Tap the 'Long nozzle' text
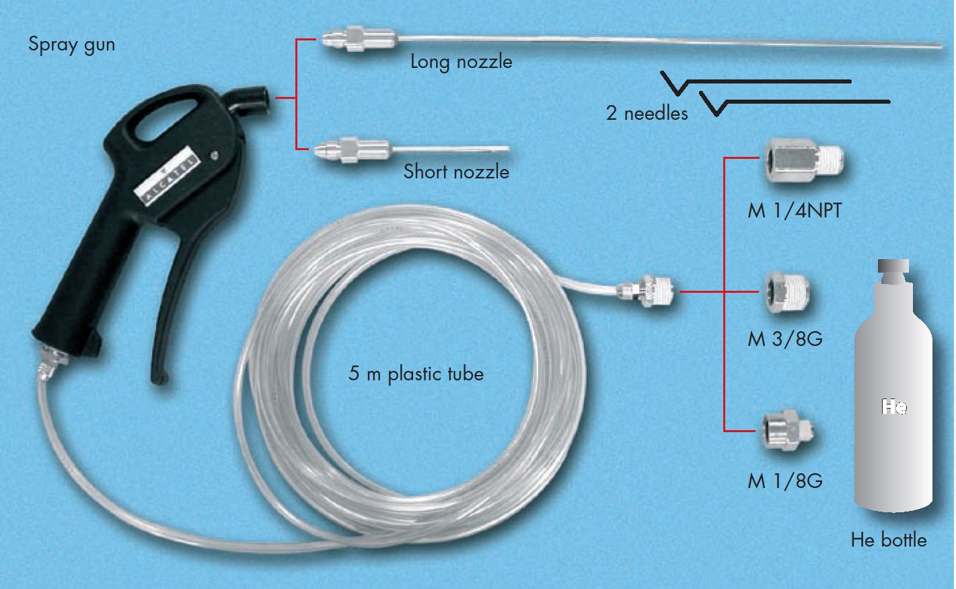pos(461,63)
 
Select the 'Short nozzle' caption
pos(456,172)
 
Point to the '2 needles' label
pos(647,113)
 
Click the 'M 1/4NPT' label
pos(795,211)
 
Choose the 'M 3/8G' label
pos(785,339)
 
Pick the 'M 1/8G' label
pos(785,481)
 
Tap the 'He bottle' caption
pos(889,540)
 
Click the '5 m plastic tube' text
pos(416,374)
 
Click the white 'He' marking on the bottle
pos(893,406)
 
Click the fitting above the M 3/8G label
pos(786,293)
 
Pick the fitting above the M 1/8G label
pos(788,431)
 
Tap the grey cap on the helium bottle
pos(893,271)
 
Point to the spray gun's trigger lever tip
pos(159,378)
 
